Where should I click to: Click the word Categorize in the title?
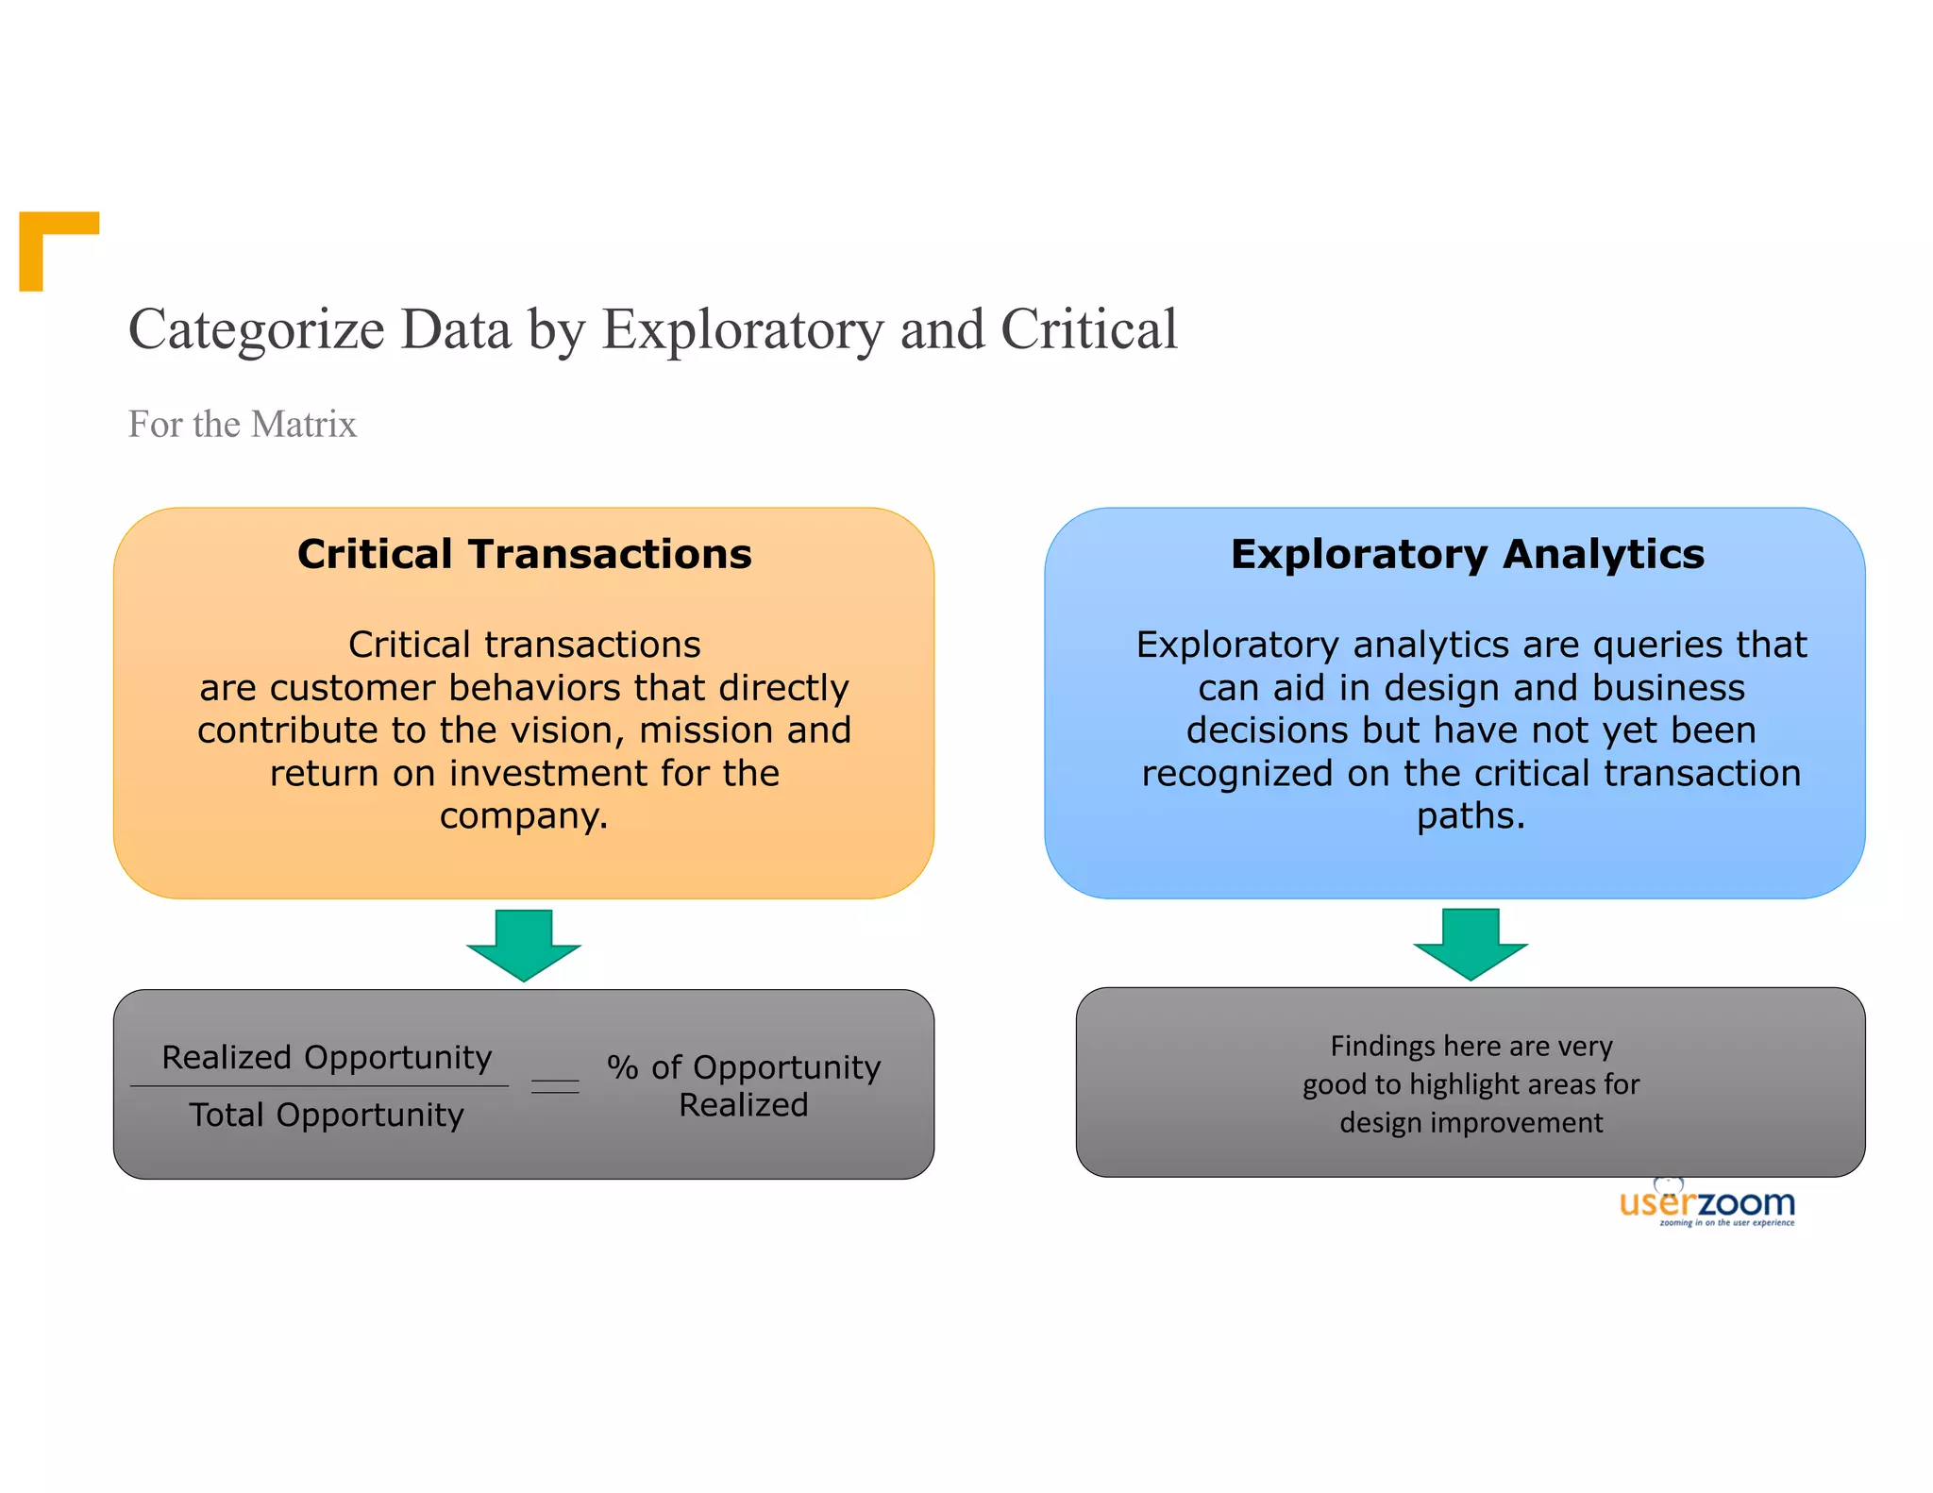click(256, 330)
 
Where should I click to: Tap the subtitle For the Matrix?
click(242, 425)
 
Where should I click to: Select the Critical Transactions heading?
click(524, 554)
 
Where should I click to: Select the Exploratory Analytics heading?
click(1467, 554)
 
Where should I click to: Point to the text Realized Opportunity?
click(327, 1057)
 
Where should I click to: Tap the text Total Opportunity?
click(327, 1116)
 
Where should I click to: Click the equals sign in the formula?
click(555, 1086)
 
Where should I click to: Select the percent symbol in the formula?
click(622, 1067)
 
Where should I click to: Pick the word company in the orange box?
click(523, 815)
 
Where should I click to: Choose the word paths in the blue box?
click(1470, 815)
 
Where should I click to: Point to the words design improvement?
click(1471, 1123)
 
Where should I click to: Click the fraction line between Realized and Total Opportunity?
click(319, 1086)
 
